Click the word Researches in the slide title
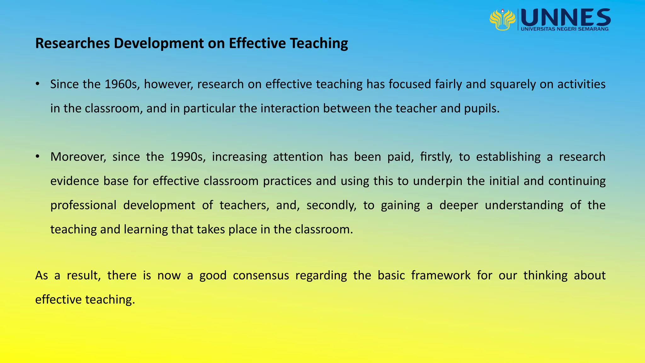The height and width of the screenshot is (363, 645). click(72, 43)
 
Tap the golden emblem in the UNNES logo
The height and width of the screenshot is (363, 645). click(502, 20)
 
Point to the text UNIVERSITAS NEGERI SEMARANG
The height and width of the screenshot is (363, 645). click(565, 29)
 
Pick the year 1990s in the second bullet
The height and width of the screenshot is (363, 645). click(188, 157)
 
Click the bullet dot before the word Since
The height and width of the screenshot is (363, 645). click(37, 84)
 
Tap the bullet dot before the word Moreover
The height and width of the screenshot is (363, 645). click(37, 156)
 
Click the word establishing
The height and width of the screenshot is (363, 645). click(508, 157)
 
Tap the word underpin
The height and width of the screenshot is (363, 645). click(438, 181)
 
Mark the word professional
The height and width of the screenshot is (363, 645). click(83, 205)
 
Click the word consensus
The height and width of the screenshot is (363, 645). click(261, 276)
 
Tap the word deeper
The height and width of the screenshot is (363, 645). click(459, 205)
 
